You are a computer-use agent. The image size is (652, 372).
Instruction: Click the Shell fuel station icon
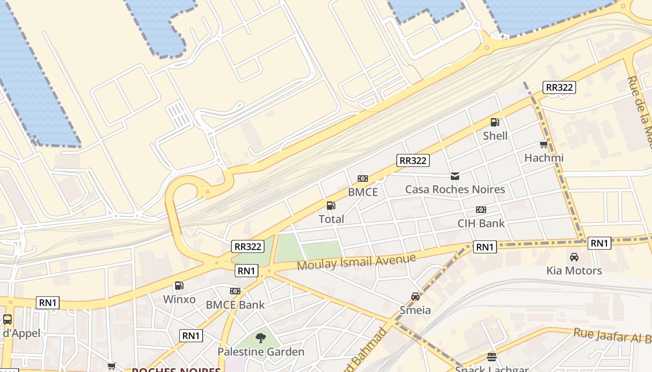(x=495, y=122)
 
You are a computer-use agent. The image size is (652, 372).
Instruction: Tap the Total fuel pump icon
(x=331, y=205)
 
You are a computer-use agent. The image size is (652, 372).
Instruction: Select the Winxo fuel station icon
(x=179, y=286)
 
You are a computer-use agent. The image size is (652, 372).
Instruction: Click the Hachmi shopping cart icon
(x=543, y=144)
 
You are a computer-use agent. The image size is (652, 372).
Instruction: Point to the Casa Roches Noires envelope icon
(x=455, y=176)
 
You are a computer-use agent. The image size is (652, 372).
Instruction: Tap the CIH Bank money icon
(x=481, y=210)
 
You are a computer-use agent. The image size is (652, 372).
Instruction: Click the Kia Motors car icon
(x=574, y=257)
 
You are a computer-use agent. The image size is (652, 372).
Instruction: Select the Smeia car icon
(x=415, y=297)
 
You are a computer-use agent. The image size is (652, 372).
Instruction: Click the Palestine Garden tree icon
(x=261, y=338)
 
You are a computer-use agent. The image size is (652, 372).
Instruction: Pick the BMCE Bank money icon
(x=235, y=291)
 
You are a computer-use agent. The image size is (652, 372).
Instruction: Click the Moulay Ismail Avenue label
(x=356, y=262)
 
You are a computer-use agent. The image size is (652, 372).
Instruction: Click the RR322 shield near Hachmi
(x=559, y=87)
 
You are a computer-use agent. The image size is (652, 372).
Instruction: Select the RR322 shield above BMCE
(x=413, y=161)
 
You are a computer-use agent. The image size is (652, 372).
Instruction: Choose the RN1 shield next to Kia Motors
(x=599, y=243)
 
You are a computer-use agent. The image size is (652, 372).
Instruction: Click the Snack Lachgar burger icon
(x=492, y=357)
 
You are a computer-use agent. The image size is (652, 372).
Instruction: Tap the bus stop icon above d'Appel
(x=7, y=319)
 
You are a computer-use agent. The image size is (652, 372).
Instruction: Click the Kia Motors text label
(x=574, y=271)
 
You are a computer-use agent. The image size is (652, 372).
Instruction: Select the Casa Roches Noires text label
(x=455, y=190)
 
